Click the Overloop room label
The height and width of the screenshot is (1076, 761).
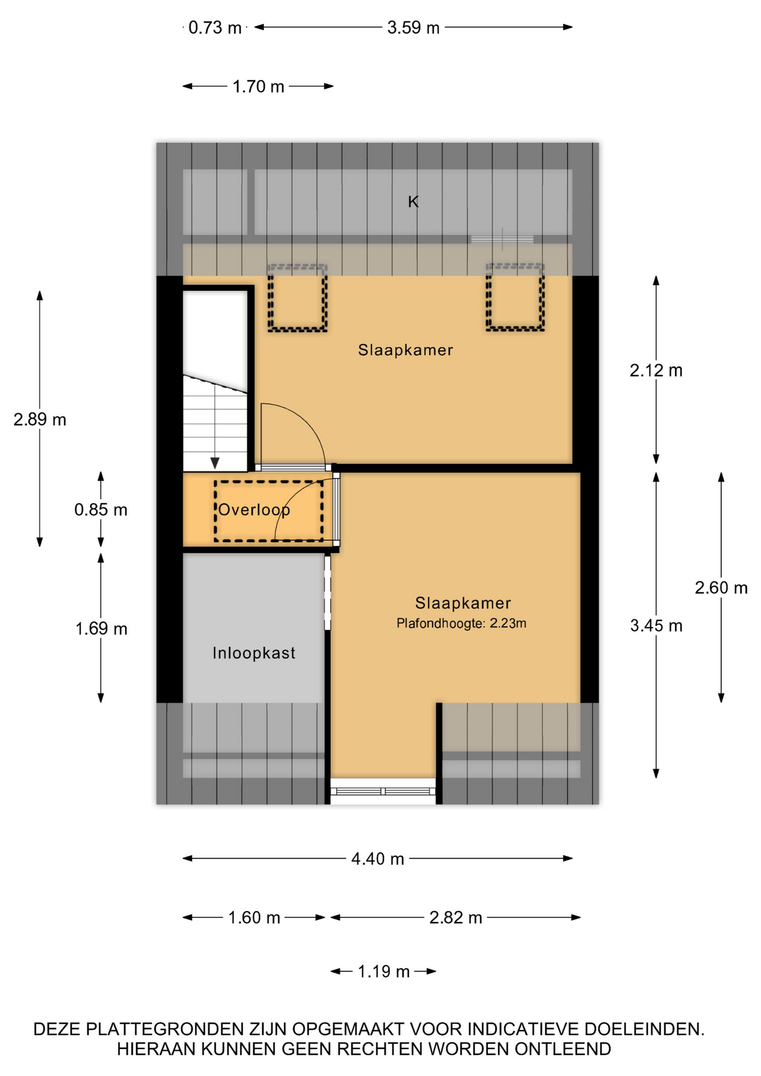click(254, 510)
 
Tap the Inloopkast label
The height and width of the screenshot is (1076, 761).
click(254, 653)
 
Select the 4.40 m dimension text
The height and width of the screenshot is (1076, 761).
click(378, 859)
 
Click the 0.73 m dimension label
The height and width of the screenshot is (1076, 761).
click(215, 27)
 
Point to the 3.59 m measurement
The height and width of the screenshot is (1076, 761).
click(414, 27)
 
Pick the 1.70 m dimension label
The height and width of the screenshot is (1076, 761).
click(258, 87)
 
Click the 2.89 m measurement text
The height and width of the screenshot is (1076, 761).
click(40, 420)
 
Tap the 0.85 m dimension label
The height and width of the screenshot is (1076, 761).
click(101, 510)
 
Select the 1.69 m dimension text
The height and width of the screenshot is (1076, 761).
click(101, 629)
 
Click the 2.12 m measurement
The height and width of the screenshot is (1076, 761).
click(656, 370)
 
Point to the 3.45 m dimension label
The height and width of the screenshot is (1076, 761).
click(656, 625)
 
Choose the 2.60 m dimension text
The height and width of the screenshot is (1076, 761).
click(721, 588)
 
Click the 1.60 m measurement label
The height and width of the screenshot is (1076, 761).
click(254, 918)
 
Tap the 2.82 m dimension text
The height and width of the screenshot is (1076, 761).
click(456, 918)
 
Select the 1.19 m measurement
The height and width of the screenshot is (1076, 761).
click(384, 972)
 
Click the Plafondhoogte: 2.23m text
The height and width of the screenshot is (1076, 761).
click(461, 623)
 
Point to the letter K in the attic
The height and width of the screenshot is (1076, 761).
click(413, 202)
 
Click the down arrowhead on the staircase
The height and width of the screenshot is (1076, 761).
click(215, 463)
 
